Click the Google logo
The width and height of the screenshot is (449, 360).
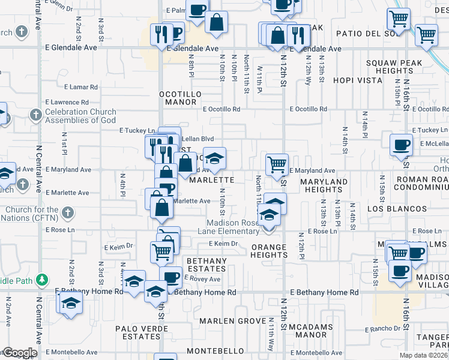pyautogui.click(x=19, y=353)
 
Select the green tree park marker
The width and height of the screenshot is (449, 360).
pyautogui.click(x=41, y=280)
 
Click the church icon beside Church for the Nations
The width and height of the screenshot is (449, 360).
pyautogui.click(x=68, y=212)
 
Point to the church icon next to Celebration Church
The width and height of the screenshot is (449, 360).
pyautogui.click(x=36, y=114)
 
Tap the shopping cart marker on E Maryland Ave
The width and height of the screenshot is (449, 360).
pyautogui.click(x=277, y=164)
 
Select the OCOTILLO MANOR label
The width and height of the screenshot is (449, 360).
pyautogui.click(x=178, y=98)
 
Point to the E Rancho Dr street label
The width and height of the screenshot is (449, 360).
pyautogui.click(x=382, y=329)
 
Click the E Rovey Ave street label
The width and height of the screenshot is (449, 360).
pyautogui.click(x=202, y=279)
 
